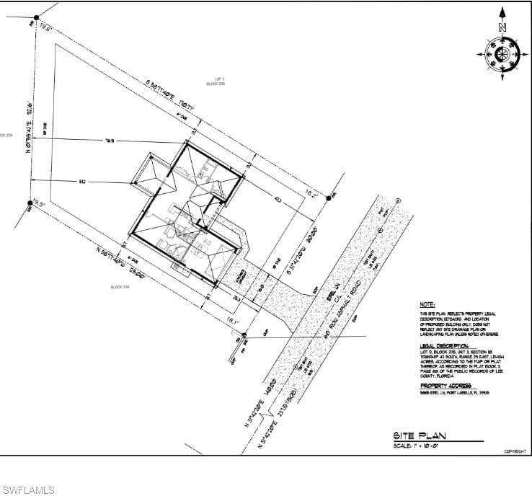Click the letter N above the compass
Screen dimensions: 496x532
click(x=502, y=27)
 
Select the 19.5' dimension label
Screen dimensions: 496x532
click(x=38, y=204)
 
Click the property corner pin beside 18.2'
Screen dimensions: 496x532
click(x=329, y=197)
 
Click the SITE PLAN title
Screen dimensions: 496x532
click(x=420, y=435)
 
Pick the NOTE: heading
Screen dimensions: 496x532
click(x=427, y=306)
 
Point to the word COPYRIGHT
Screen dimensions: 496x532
click(x=514, y=451)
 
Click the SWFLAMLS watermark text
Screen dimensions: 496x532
click(x=28, y=490)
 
